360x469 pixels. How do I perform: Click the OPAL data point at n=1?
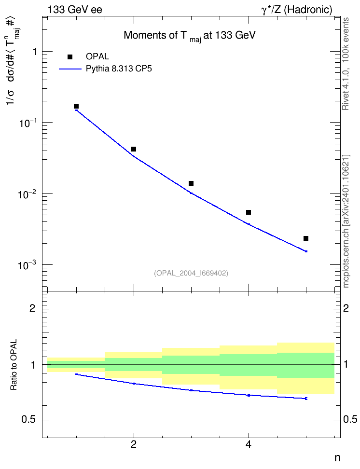point(76,106)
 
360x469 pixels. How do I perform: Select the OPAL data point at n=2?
point(134,149)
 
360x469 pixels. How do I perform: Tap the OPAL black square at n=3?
point(191,183)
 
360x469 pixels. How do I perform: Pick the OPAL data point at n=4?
point(249,212)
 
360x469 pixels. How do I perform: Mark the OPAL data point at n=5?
point(306,238)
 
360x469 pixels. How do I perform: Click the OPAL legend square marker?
point(70,57)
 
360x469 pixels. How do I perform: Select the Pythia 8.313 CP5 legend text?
point(119,69)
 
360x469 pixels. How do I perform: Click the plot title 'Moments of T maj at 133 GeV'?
point(190,36)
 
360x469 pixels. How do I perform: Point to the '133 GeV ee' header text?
point(75,10)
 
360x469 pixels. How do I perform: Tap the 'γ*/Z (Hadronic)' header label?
point(297,10)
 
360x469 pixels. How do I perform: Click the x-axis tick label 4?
point(249,445)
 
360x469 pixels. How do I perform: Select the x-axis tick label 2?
point(134,445)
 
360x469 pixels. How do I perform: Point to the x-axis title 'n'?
point(337,458)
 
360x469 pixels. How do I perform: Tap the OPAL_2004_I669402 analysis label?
point(191,273)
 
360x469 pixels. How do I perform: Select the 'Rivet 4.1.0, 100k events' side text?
point(346,64)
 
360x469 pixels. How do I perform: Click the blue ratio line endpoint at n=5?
point(306,399)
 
